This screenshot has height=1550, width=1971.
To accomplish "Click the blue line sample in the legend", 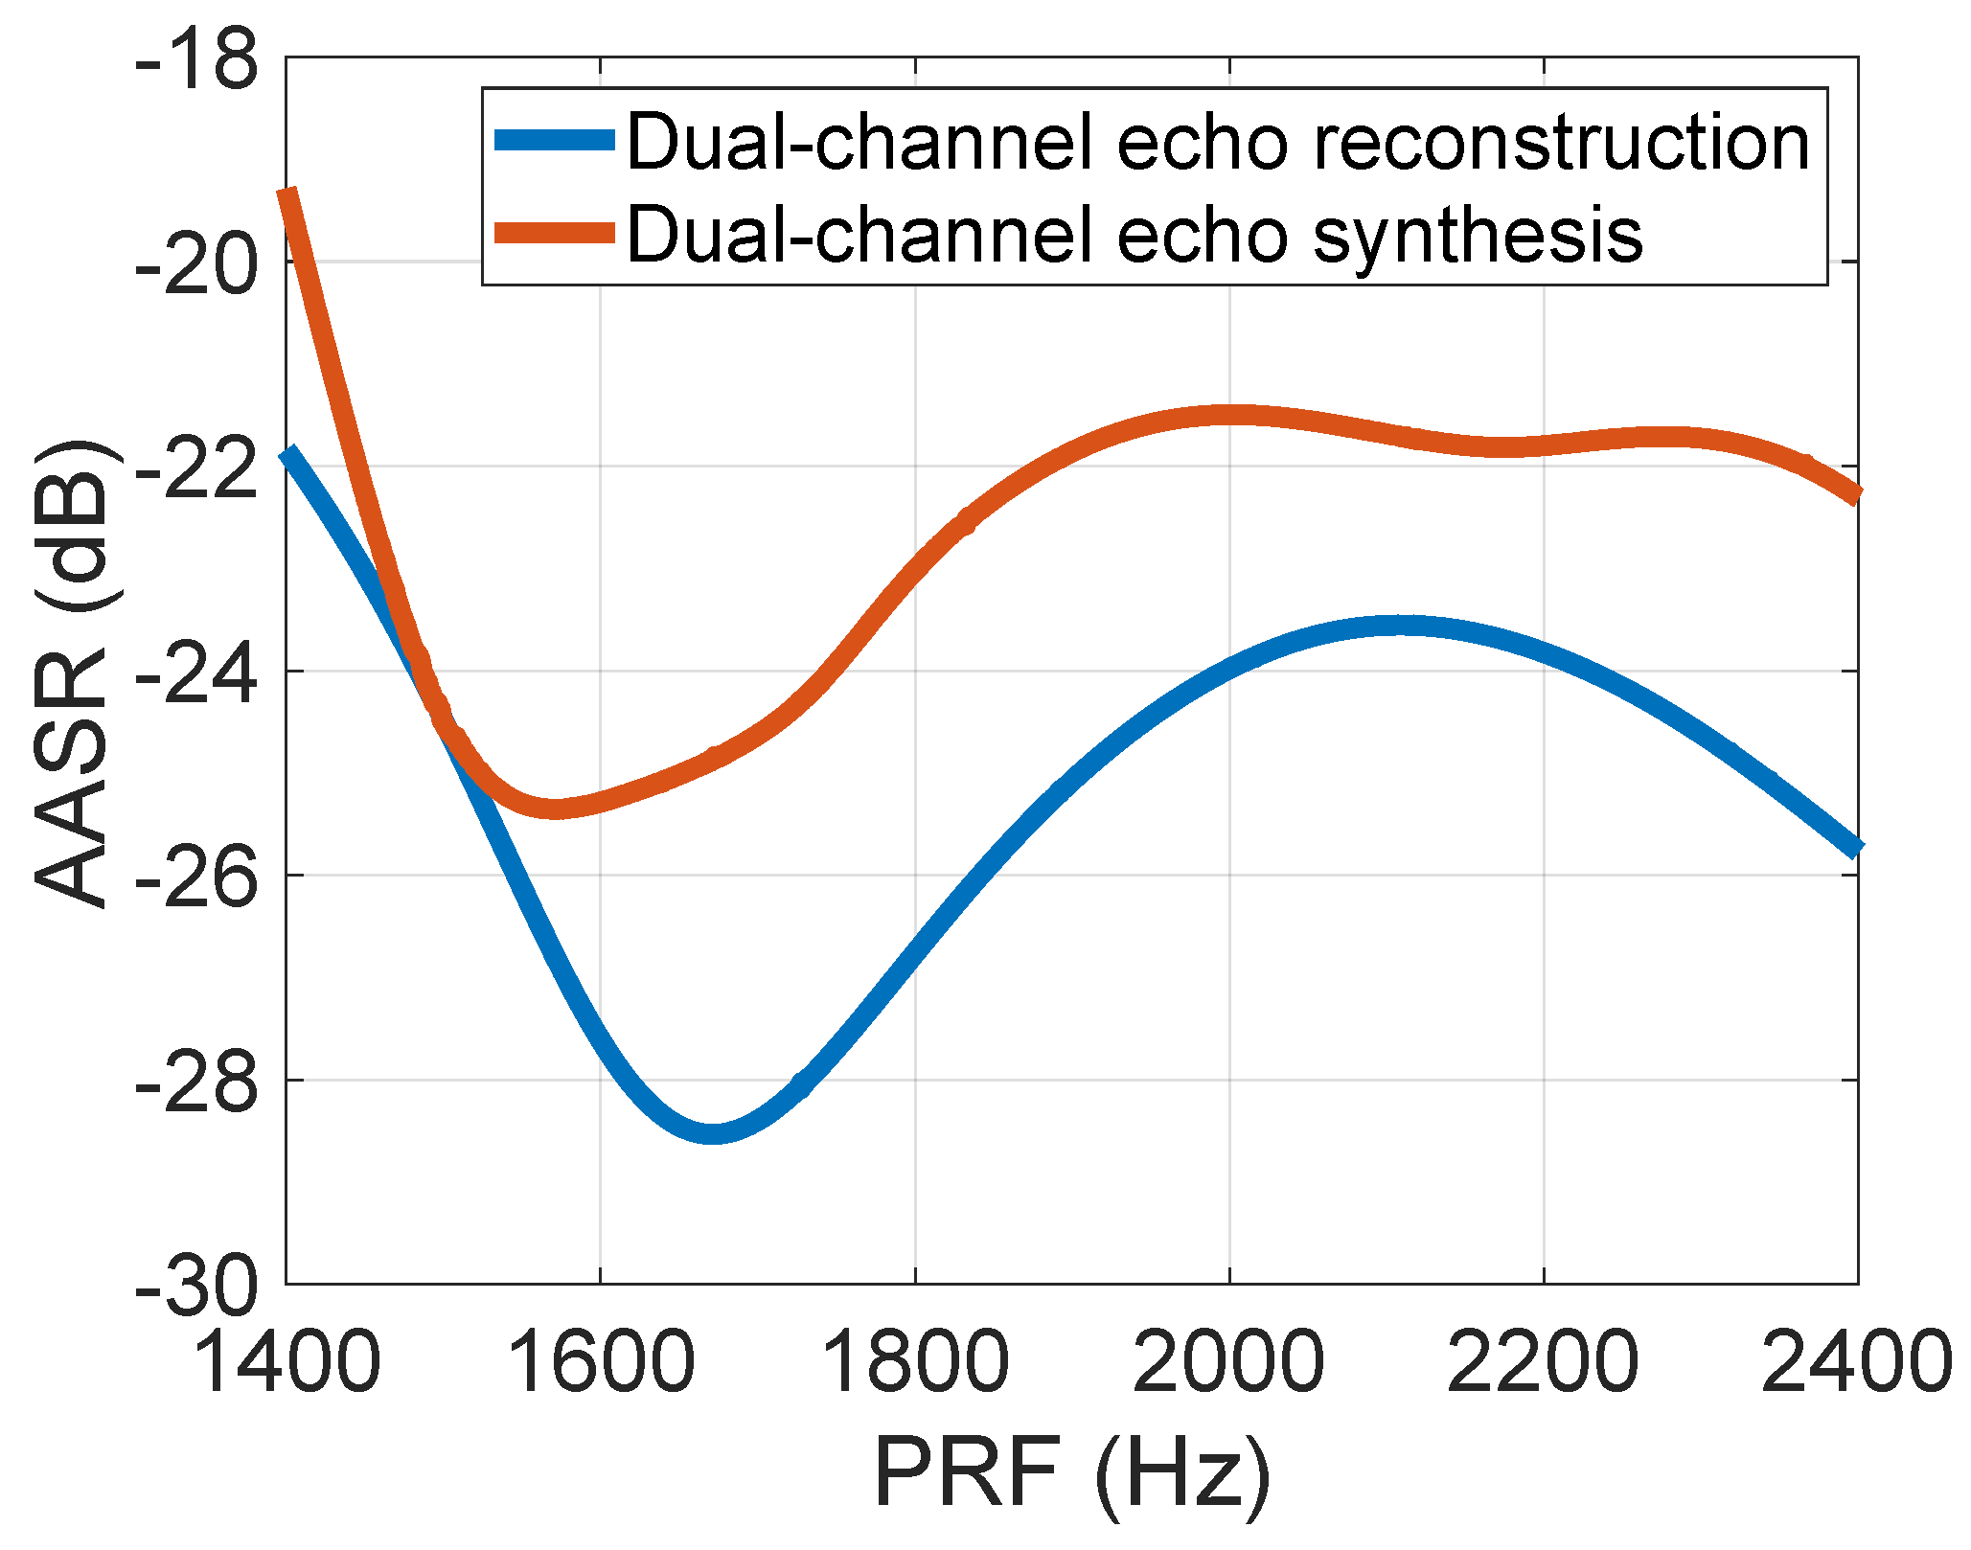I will pos(554,141).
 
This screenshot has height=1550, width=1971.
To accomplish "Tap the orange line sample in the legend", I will pos(554,233).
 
